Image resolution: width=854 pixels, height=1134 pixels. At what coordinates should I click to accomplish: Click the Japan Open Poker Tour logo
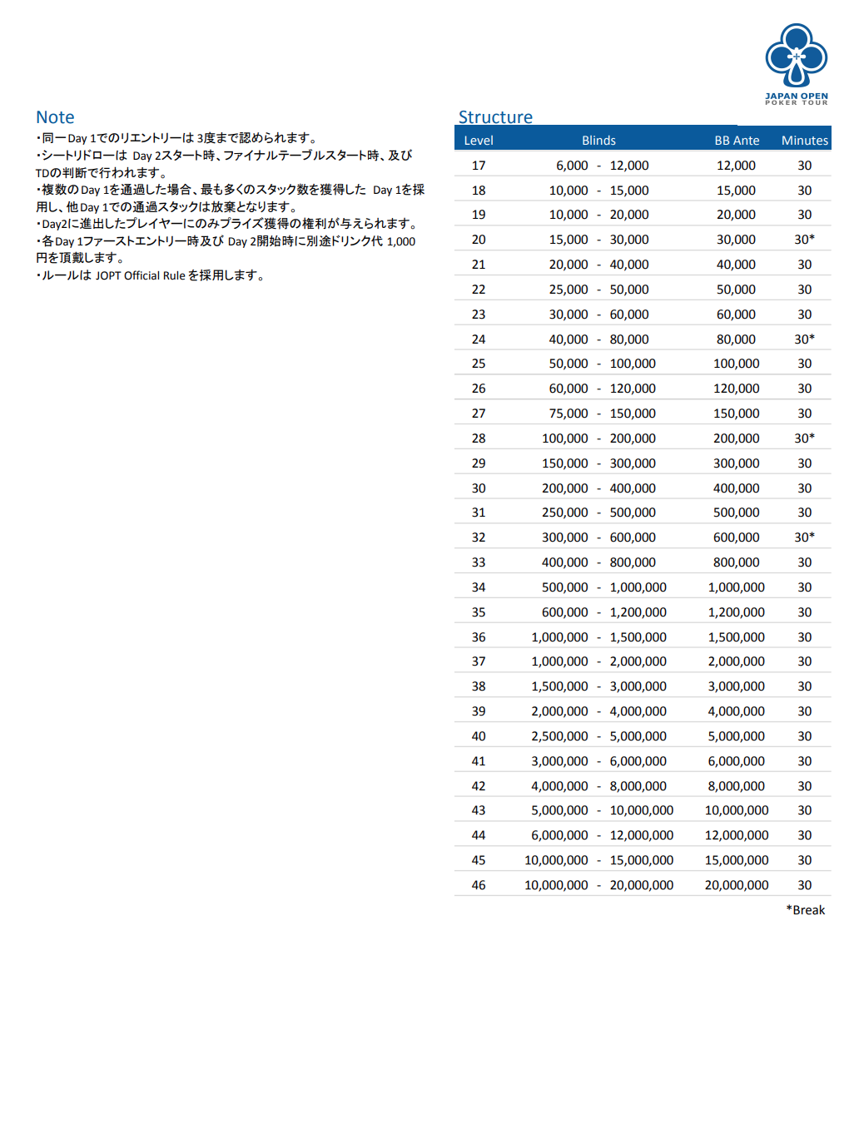[x=797, y=63]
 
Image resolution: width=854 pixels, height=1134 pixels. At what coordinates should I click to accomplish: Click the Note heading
[x=55, y=117]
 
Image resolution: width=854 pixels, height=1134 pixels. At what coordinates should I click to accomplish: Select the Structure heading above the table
[x=495, y=117]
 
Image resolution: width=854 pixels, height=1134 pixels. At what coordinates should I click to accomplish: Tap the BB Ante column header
[x=737, y=141]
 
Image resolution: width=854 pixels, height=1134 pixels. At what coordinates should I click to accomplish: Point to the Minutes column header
[x=804, y=141]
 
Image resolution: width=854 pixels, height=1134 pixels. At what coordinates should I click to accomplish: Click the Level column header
[x=479, y=141]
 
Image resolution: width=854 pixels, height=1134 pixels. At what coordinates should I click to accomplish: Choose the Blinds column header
[x=598, y=141]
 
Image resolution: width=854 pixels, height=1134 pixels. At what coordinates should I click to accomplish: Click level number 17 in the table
[x=479, y=166]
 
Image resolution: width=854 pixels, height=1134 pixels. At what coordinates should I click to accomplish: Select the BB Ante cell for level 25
[x=737, y=364]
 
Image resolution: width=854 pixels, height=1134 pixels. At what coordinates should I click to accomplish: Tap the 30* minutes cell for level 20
[x=804, y=240]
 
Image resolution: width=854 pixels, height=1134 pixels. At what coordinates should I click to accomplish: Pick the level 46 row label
[x=479, y=885]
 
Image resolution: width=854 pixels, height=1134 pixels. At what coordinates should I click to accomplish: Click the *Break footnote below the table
[x=805, y=910]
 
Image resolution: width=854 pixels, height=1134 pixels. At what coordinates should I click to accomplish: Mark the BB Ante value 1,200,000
[x=737, y=612]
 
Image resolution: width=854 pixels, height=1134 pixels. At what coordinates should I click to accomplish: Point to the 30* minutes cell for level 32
[x=804, y=537]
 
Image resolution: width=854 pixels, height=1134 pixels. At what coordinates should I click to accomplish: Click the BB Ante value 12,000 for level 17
[x=737, y=166]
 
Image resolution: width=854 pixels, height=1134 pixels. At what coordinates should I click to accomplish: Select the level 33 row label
[x=479, y=562]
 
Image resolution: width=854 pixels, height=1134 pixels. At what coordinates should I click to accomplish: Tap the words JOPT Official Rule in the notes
[x=140, y=275]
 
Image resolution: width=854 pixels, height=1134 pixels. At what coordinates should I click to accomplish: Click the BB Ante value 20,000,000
[x=737, y=885]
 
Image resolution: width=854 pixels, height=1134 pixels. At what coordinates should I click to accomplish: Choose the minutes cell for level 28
[x=804, y=438]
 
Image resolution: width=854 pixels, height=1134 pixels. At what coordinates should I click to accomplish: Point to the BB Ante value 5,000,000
[x=737, y=736]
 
